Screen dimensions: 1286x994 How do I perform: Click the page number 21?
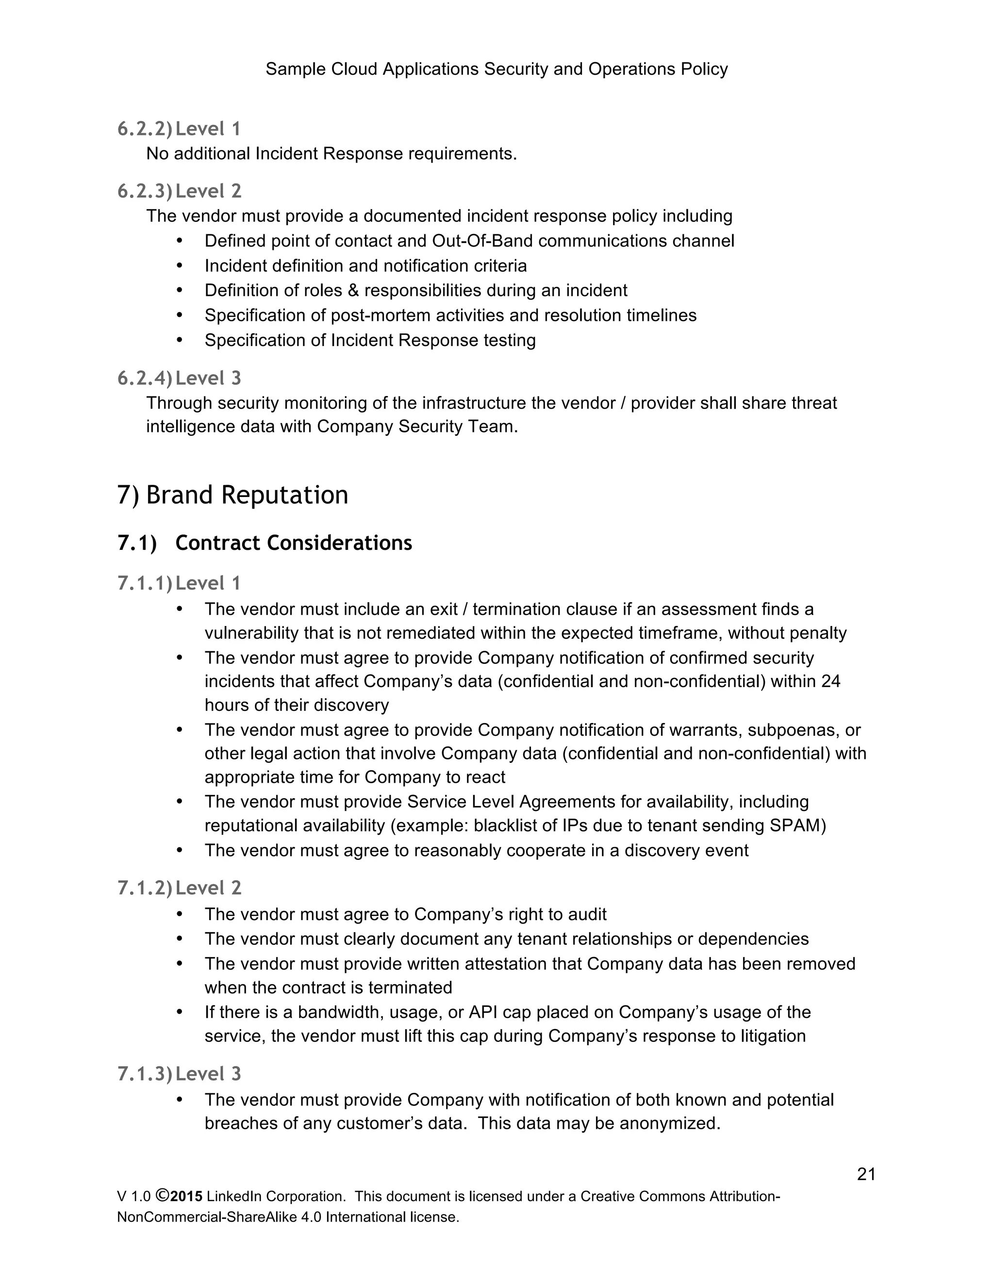pos(866,1175)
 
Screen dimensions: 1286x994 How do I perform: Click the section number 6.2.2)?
pos(145,129)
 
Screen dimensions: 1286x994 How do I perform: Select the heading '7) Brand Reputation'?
pos(232,495)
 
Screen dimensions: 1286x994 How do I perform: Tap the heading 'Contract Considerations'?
pos(293,543)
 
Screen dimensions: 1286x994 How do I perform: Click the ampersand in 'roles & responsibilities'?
pos(353,291)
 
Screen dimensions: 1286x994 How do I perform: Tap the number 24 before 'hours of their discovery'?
pos(831,681)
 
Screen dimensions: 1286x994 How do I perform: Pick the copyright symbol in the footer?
pos(163,1196)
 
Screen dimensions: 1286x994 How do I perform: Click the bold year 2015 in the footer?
pos(186,1197)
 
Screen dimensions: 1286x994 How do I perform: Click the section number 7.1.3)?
pos(145,1074)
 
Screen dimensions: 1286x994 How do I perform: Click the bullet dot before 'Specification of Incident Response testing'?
pos(180,340)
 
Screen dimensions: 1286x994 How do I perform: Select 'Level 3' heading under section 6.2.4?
pos(208,378)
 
